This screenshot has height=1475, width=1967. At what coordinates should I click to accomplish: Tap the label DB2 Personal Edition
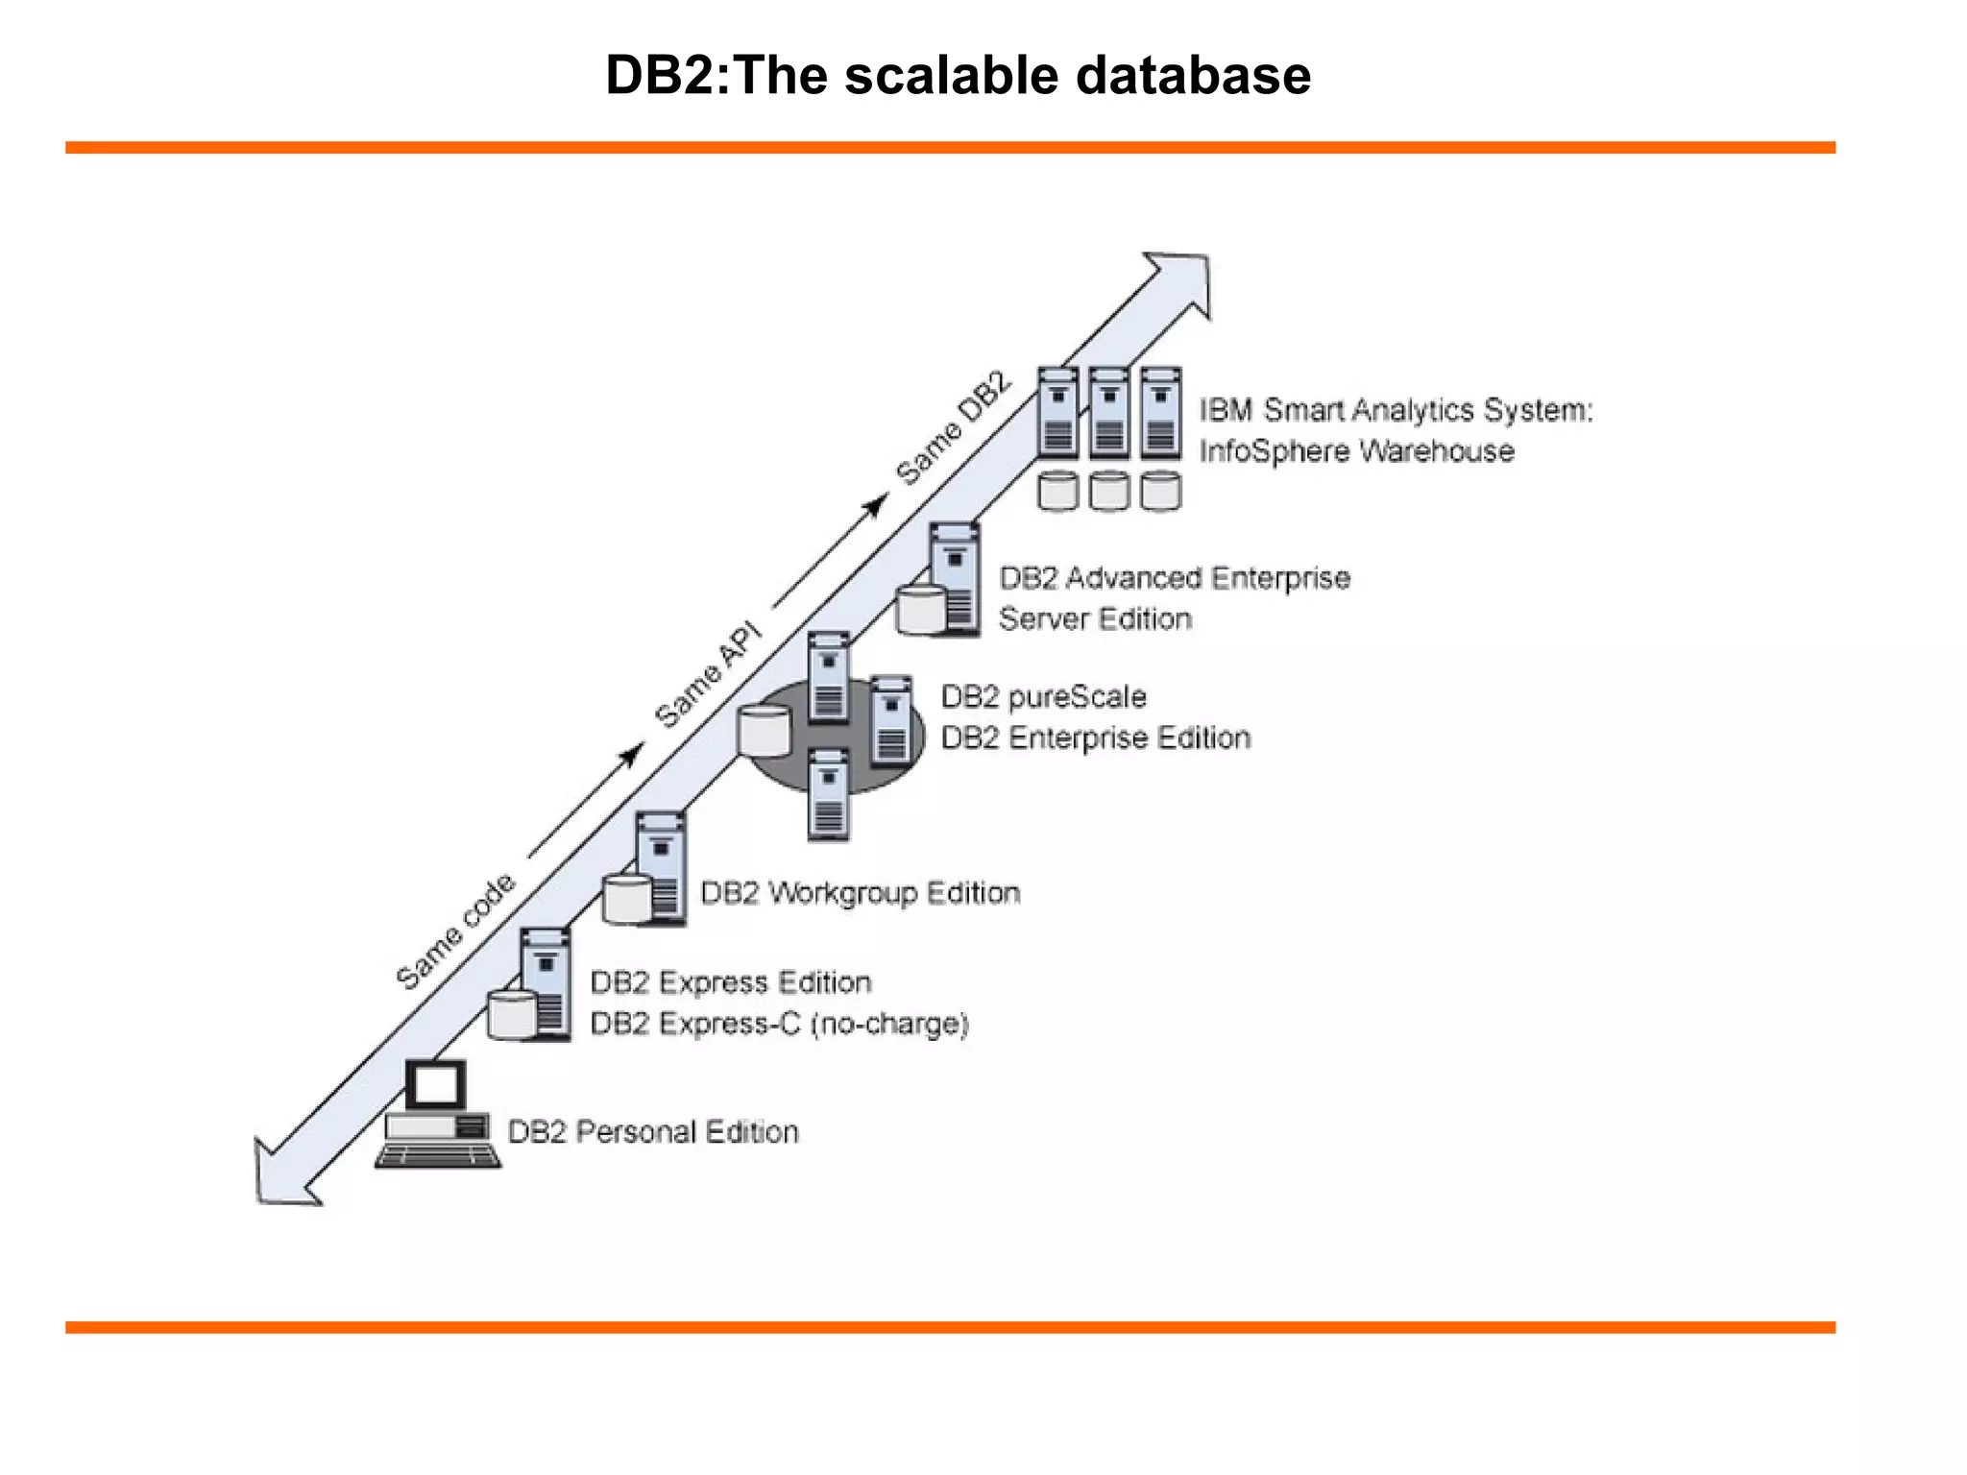click(652, 1131)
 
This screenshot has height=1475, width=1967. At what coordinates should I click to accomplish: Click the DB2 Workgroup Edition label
click(860, 893)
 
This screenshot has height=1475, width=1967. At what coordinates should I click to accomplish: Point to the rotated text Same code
click(455, 932)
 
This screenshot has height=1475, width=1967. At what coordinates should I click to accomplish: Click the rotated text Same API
click(709, 676)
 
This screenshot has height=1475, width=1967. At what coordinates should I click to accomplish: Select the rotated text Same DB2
click(954, 428)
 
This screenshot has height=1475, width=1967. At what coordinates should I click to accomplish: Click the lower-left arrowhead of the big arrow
click(282, 1176)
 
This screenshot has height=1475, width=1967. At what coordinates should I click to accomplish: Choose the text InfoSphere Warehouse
click(1356, 451)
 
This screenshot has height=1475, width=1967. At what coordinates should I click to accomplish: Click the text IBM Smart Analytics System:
click(1396, 410)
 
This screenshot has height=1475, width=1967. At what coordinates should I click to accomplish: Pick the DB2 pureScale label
click(1043, 696)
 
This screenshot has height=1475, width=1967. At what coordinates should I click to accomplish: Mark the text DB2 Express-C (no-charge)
click(779, 1024)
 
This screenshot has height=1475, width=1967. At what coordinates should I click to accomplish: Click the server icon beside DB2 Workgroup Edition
click(660, 866)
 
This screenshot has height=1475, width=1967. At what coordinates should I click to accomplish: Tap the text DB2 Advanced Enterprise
click(1174, 578)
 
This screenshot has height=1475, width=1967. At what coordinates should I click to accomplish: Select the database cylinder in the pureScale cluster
click(764, 730)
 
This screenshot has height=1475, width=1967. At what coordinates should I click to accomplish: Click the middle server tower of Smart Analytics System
click(1108, 413)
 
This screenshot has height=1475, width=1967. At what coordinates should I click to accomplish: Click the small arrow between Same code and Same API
click(586, 799)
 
